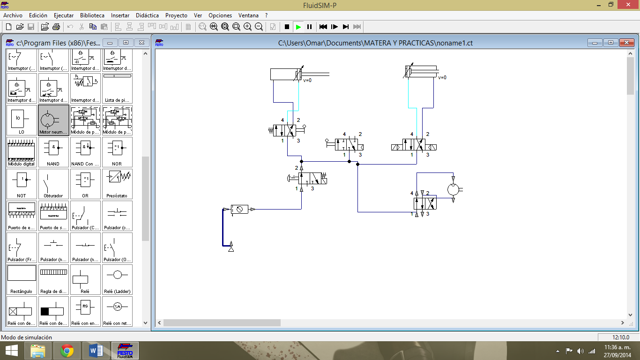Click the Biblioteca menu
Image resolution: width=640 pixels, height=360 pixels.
pyautogui.click(x=92, y=15)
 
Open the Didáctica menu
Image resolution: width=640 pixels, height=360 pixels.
pyautogui.click(x=147, y=15)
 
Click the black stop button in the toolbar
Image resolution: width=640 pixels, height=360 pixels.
pyautogui.click(x=287, y=27)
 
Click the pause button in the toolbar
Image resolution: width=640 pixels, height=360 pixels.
pyautogui.click(x=309, y=27)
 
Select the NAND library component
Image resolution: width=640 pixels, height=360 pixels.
pyautogui.click(x=53, y=152)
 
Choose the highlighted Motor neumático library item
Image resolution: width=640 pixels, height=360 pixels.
pyautogui.click(x=53, y=120)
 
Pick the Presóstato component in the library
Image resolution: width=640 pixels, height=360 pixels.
pyautogui.click(x=117, y=184)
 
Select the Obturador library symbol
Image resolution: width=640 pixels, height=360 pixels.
pyautogui.click(x=53, y=184)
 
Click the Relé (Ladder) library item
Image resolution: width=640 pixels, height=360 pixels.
pyautogui.click(x=117, y=279)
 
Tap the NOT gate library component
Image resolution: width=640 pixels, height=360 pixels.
pyautogui.click(x=22, y=184)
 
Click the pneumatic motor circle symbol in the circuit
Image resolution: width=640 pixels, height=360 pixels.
pyautogui.click(x=453, y=189)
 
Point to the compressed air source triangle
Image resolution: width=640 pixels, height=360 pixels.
pyautogui.click(x=231, y=248)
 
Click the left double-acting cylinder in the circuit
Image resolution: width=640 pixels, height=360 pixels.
pyautogui.click(x=286, y=74)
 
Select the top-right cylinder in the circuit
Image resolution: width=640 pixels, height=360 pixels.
pyautogui.click(x=421, y=72)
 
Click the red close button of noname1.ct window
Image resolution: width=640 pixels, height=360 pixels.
pyautogui.click(x=626, y=43)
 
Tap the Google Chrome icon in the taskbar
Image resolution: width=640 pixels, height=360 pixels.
pyautogui.click(x=67, y=350)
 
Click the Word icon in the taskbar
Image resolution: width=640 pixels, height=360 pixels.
pyautogui.click(x=96, y=350)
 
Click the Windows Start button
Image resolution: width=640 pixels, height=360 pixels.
pyautogui.click(x=11, y=350)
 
